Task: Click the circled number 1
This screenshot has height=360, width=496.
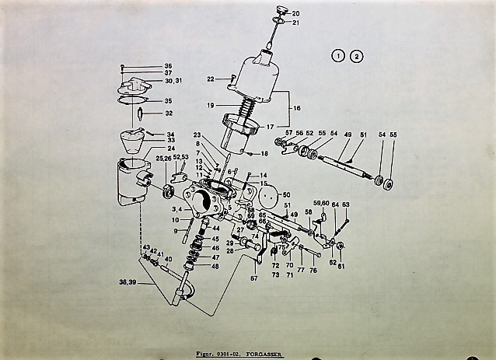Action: [339, 56]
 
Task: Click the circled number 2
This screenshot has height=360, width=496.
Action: [356, 56]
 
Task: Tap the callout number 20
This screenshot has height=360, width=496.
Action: [296, 13]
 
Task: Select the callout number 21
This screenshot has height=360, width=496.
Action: [296, 23]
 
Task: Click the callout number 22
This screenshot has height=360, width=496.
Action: [211, 79]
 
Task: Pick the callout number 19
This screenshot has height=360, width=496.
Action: [211, 105]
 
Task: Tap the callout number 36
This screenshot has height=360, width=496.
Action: [168, 66]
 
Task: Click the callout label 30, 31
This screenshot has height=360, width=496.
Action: [173, 81]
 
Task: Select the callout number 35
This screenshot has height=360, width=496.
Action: [168, 100]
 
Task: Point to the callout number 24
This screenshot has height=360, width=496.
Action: [171, 148]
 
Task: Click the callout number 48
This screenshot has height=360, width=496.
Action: [215, 266]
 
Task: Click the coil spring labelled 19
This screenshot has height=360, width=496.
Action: [250, 106]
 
